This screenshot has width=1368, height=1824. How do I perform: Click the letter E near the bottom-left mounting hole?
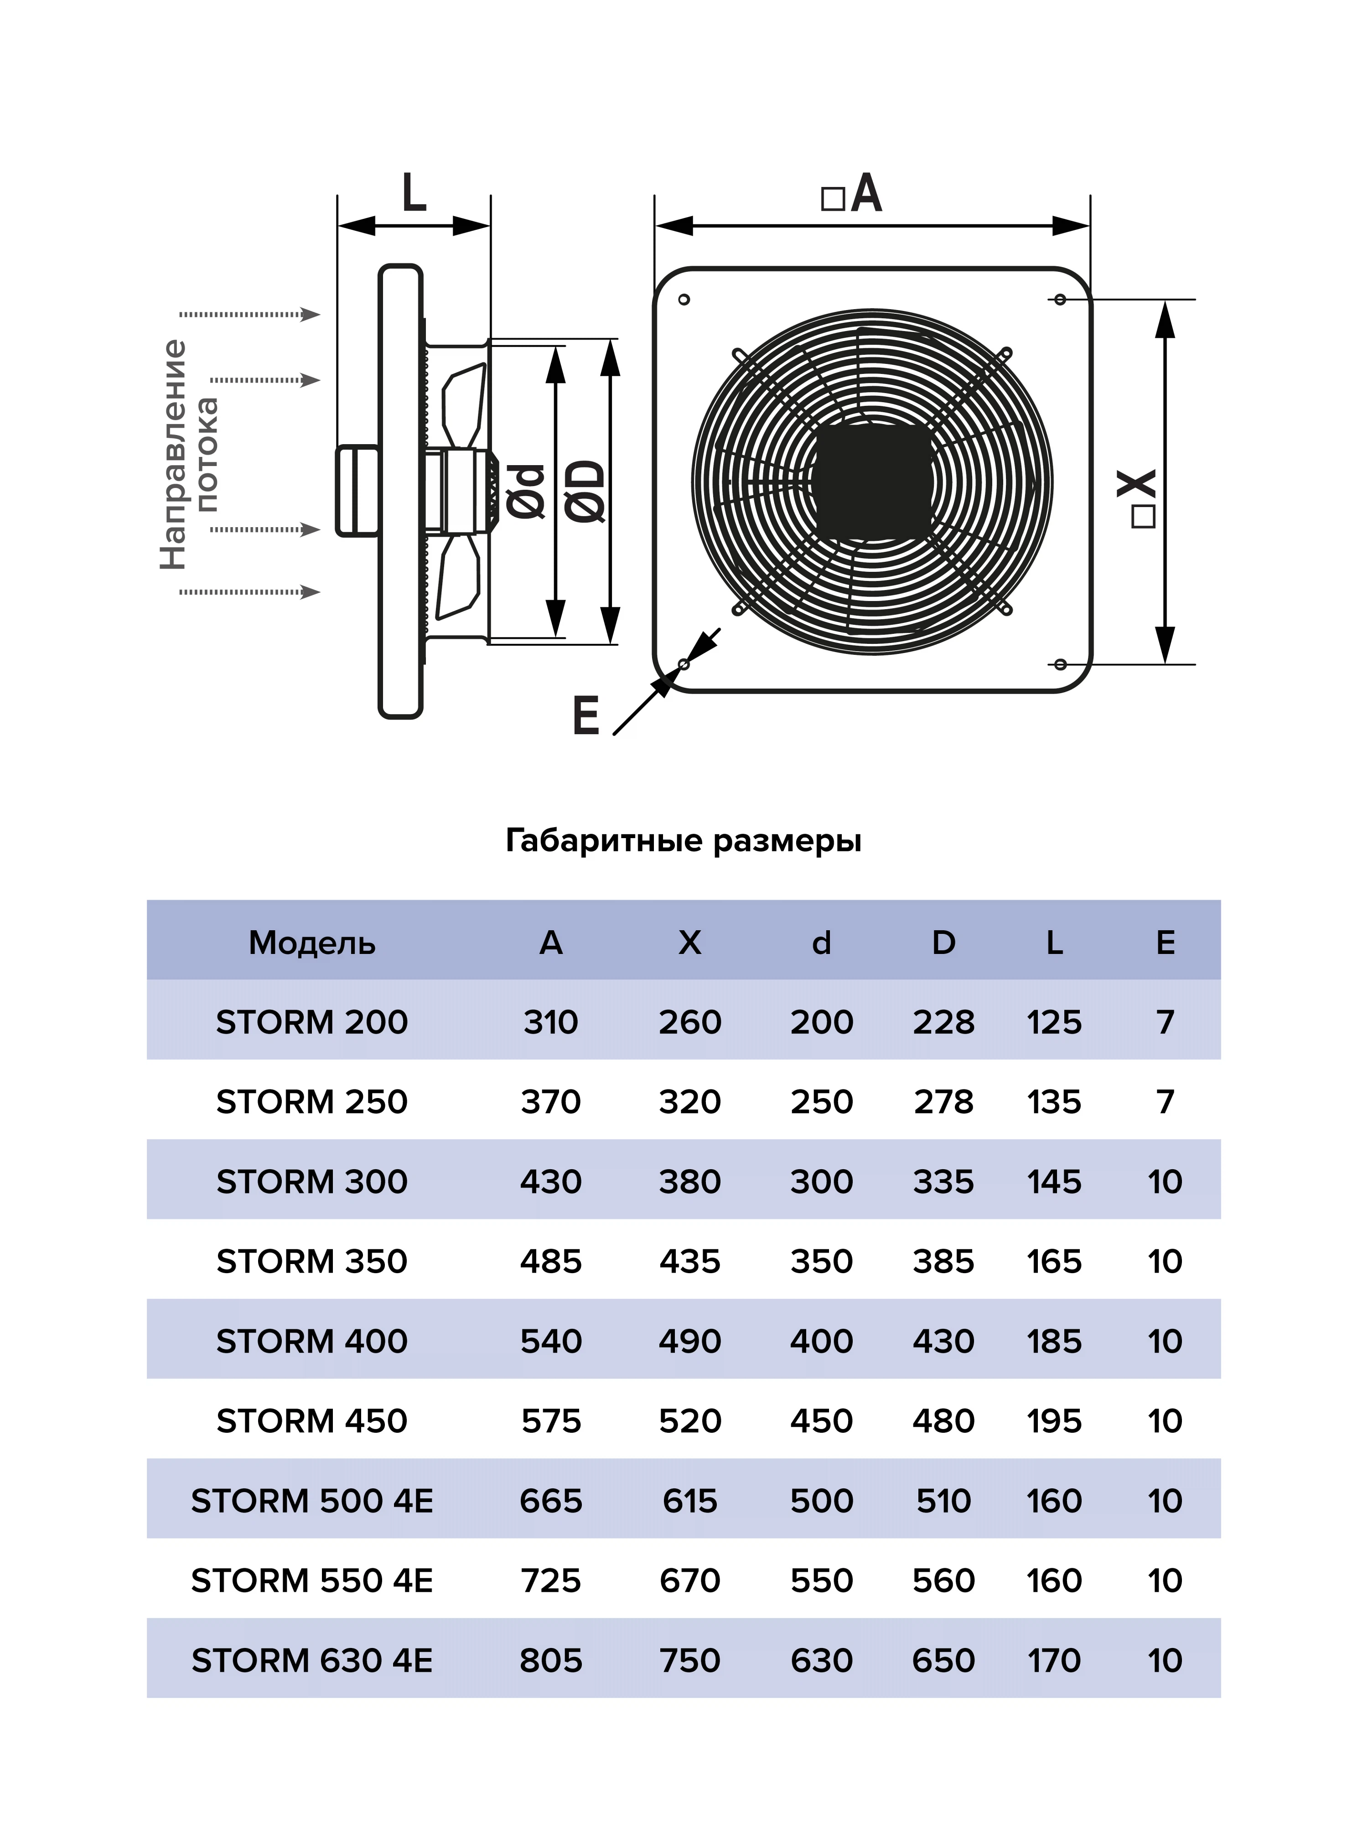(x=586, y=715)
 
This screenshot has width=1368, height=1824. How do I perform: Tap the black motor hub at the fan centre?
(x=872, y=482)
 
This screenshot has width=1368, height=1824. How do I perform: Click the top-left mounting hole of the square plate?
(x=684, y=299)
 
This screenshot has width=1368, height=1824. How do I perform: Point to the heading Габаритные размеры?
(x=683, y=840)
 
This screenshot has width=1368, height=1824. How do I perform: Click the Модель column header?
(x=312, y=943)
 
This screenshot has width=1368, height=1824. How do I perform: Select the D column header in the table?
(x=943, y=943)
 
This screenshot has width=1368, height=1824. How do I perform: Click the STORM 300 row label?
(x=312, y=1181)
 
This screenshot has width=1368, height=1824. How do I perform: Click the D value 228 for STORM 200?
(x=943, y=1022)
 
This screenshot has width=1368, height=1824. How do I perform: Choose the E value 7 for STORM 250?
(x=1164, y=1102)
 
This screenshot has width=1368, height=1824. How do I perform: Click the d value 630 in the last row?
(x=821, y=1660)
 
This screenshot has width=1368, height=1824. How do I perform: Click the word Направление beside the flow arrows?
(x=173, y=454)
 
